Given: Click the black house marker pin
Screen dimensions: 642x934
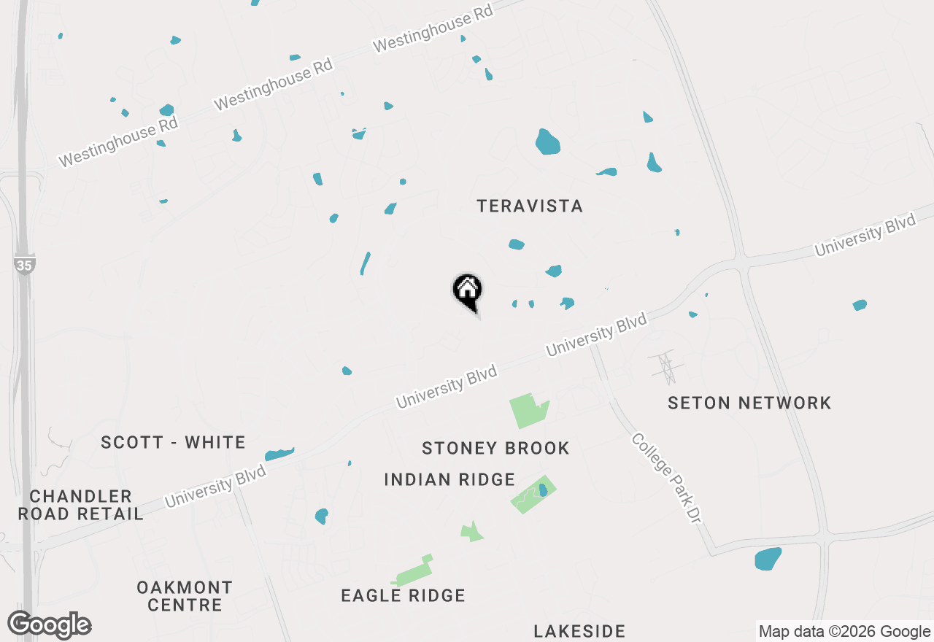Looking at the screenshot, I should click(x=468, y=291).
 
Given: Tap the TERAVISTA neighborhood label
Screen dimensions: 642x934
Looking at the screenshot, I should click(x=530, y=206).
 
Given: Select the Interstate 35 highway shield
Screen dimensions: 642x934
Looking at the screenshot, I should click(x=24, y=265).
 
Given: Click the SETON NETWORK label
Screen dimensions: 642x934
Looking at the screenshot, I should click(x=749, y=403).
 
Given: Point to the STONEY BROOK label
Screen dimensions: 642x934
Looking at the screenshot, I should click(x=495, y=448).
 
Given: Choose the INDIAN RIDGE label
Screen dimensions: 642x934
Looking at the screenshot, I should click(x=449, y=479).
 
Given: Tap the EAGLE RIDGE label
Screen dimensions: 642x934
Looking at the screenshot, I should click(x=403, y=595).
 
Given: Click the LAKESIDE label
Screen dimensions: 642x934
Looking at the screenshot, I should click(x=579, y=631).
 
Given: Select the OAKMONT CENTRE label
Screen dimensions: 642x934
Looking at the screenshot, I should click(x=185, y=596).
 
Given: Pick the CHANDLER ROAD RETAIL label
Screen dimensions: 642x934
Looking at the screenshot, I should click(x=80, y=505).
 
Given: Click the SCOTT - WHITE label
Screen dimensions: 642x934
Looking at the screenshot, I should click(x=173, y=442).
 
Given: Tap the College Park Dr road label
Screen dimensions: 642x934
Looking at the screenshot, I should click(x=666, y=478).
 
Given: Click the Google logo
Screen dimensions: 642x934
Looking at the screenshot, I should click(x=50, y=625).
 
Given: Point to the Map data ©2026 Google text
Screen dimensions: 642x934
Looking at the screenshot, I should click(x=844, y=632).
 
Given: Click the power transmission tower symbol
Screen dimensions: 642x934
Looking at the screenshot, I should click(x=665, y=368).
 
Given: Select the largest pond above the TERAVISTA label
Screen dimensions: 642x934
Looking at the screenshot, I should click(x=547, y=142).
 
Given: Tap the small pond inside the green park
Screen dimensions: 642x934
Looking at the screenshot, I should click(x=542, y=490).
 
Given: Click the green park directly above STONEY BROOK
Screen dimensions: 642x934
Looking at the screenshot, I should click(x=528, y=410).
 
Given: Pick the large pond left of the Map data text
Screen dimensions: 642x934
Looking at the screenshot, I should click(x=768, y=559).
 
